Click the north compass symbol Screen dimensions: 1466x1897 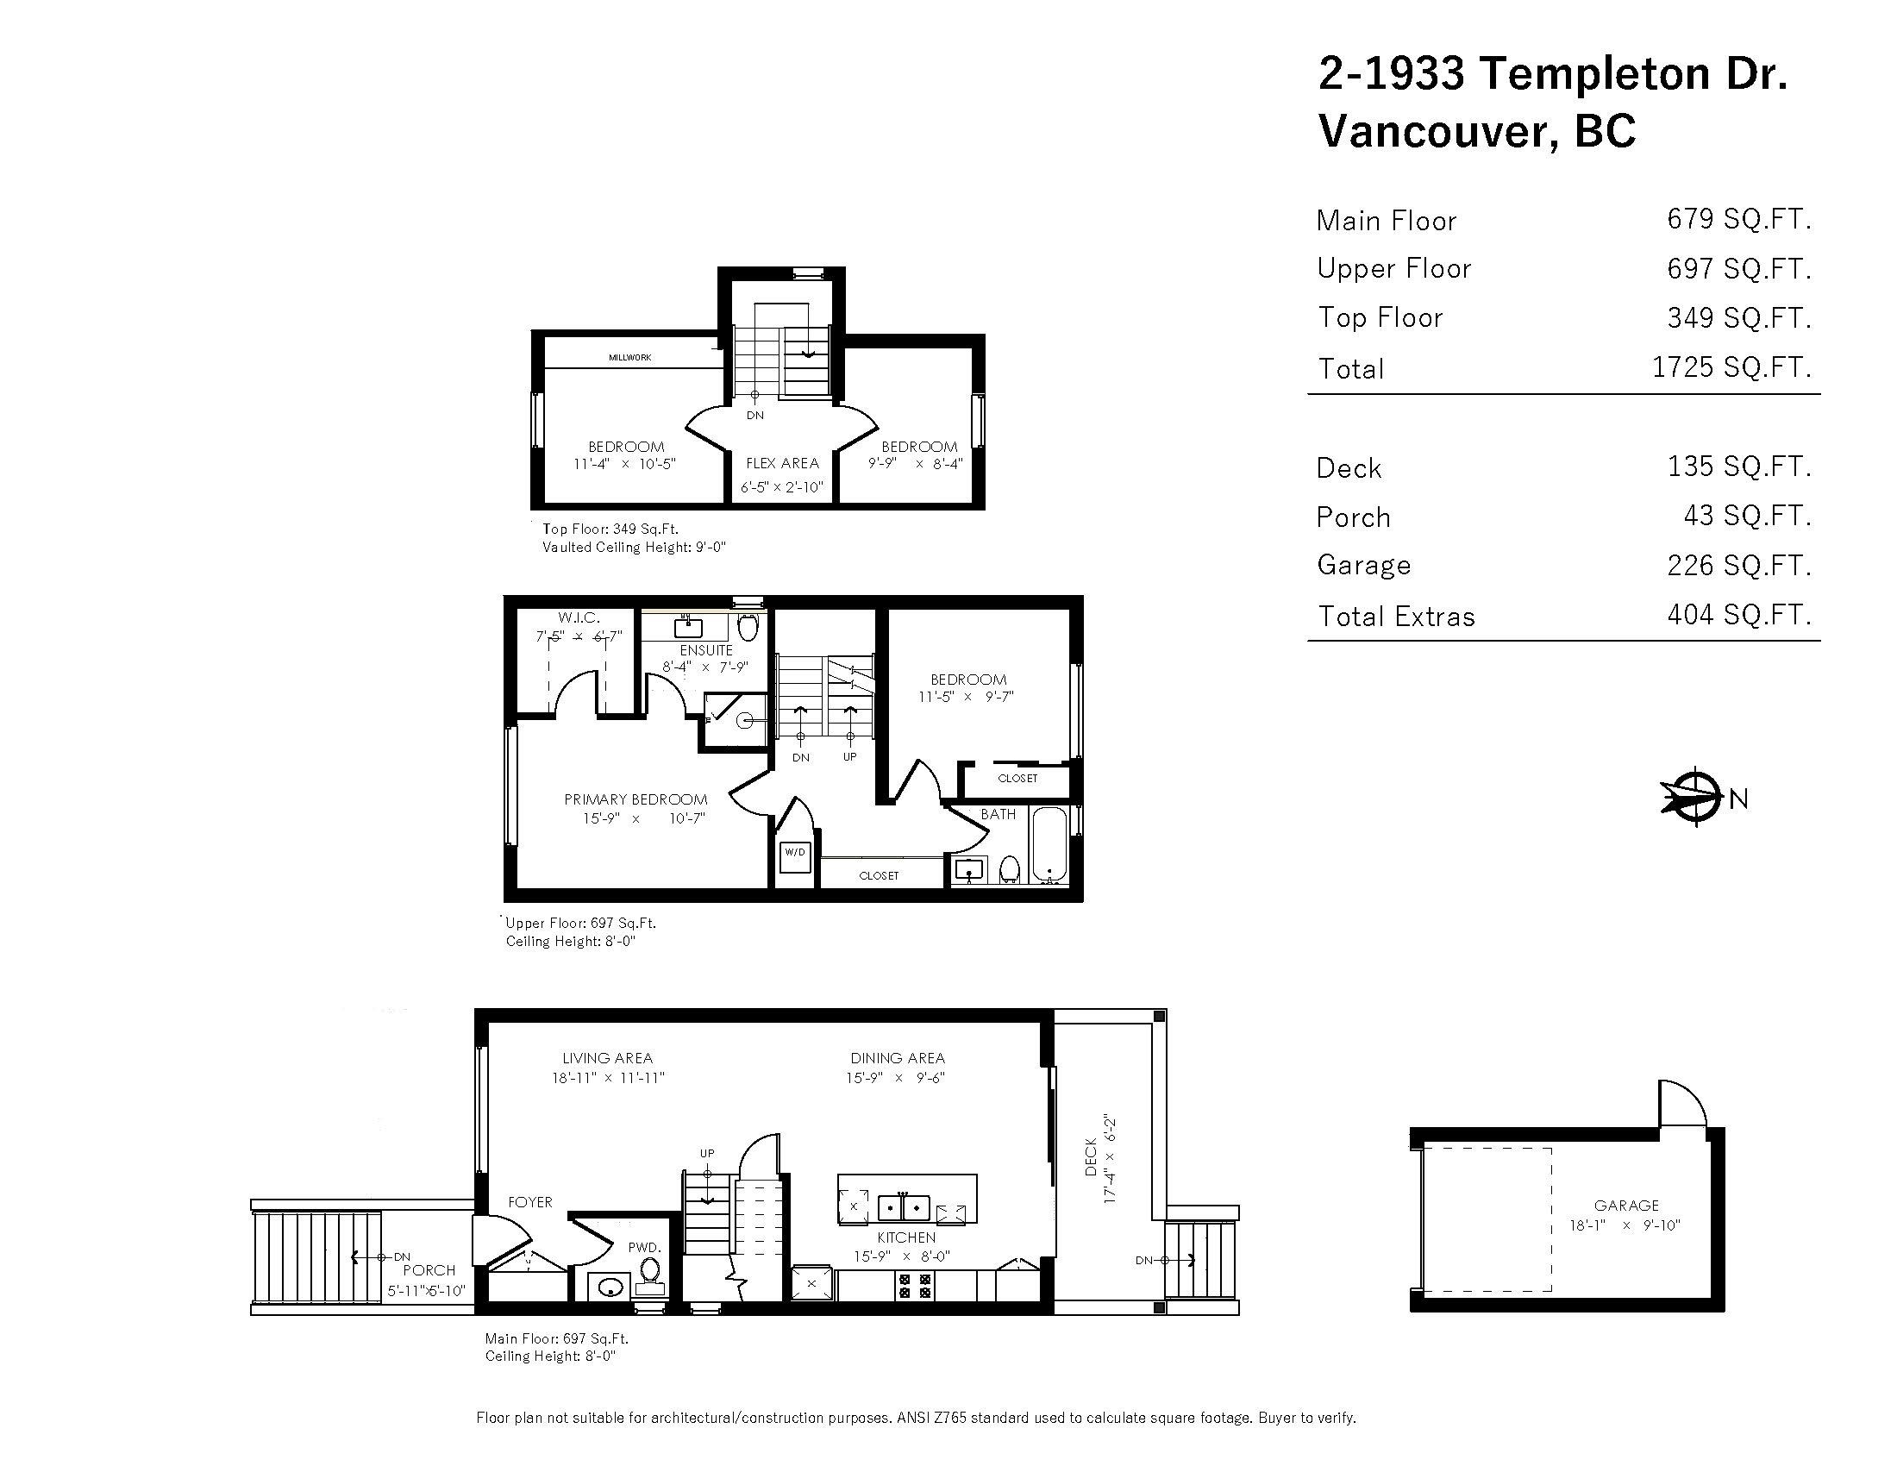pos(1694,796)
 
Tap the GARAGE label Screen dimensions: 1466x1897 pos(1626,1206)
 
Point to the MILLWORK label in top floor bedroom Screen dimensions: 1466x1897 pos(629,357)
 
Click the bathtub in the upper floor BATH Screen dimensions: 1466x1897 pos(1049,845)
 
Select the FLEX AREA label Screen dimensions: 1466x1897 pos(782,464)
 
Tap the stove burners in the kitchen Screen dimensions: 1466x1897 pos(915,1286)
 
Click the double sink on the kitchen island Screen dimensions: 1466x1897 pos(904,1207)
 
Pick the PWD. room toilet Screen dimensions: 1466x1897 pos(648,1273)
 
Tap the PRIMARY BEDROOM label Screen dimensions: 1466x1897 pos(635,800)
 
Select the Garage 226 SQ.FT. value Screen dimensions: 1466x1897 pos(1738,566)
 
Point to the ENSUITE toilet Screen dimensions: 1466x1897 pos(748,626)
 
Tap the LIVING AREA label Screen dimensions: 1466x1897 pos(607,1058)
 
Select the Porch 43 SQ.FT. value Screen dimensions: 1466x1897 pos(1747,516)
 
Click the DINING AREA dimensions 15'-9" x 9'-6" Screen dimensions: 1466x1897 pos(896,1078)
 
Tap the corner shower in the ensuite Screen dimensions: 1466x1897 pos(735,720)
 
